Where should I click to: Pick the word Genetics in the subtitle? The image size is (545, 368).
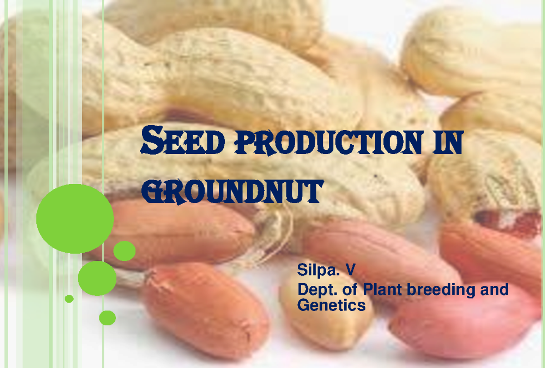click(x=331, y=305)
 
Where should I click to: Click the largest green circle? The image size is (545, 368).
click(x=75, y=218)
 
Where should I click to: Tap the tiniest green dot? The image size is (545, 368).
click(x=69, y=299)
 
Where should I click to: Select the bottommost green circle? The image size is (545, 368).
click(x=108, y=318)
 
